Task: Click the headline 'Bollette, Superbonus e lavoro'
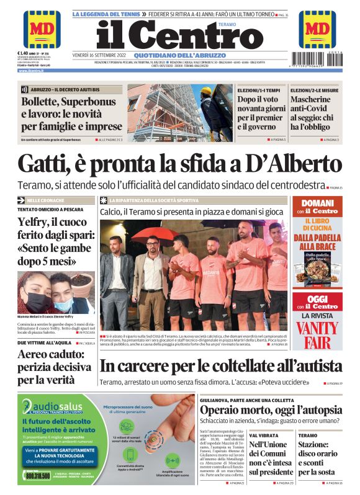[71, 114]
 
